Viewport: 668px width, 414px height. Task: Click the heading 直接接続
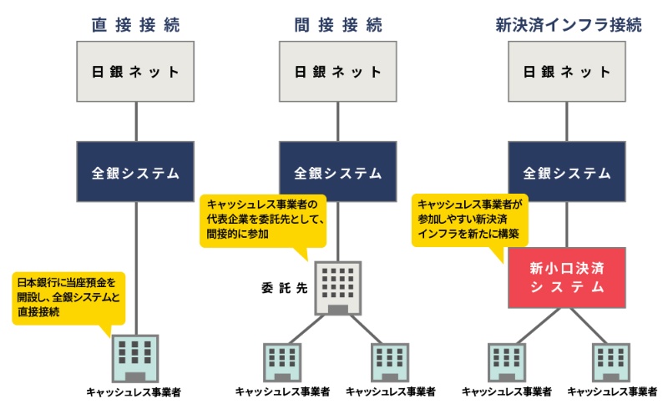pyautogui.click(x=135, y=25)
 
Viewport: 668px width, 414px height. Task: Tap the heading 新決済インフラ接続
pyautogui.click(x=567, y=25)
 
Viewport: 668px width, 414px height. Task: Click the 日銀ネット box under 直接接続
pyautogui.click(x=135, y=71)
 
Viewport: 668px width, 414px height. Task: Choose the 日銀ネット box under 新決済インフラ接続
pyautogui.click(x=567, y=71)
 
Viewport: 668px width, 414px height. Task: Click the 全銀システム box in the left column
pyautogui.click(x=135, y=173)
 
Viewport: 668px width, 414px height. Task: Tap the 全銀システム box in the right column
pyautogui.click(x=567, y=173)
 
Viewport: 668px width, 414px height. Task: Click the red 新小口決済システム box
pyautogui.click(x=567, y=277)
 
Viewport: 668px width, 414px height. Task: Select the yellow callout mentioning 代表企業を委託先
pyautogui.click(x=265, y=220)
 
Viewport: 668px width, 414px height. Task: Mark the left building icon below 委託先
pyautogui.click(x=283, y=361)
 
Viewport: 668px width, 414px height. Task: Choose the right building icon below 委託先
pyautogui.click(x=390, y=361)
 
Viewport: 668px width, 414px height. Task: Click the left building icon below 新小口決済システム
pyautogui.click(x=507, y=361)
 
